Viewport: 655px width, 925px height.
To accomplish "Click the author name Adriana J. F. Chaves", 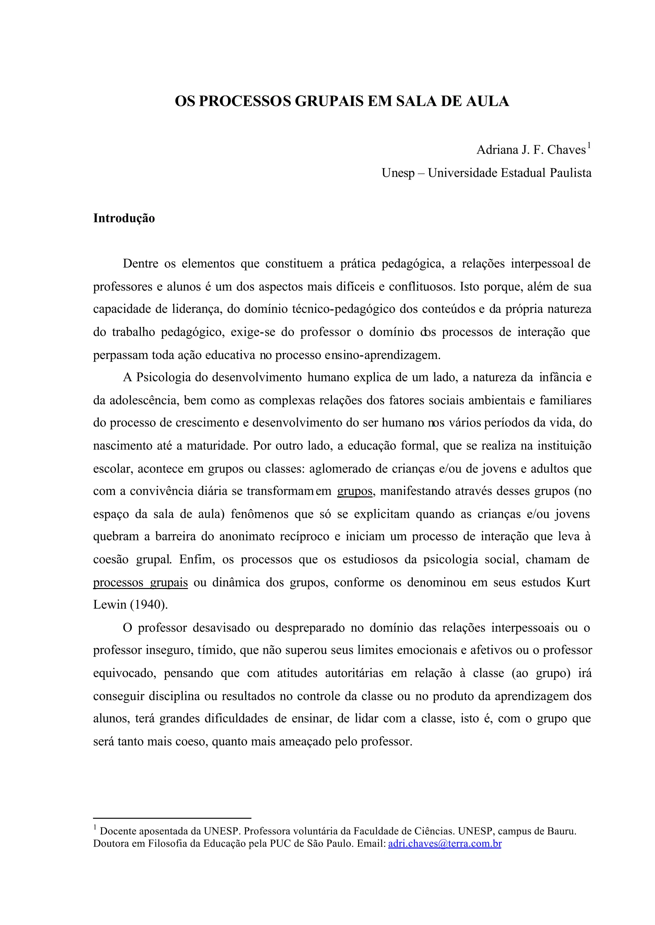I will click(x=531, y=150).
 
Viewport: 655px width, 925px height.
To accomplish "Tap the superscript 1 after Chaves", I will click(x=589, y=145).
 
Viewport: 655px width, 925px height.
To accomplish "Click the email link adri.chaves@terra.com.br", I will click(x=445, y=843).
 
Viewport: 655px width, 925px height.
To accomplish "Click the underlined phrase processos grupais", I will click(x=140, y=583).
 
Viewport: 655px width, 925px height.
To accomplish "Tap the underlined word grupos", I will click(x=354, y=491).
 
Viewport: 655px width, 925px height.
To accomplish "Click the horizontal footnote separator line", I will click(x=172, y=818).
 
